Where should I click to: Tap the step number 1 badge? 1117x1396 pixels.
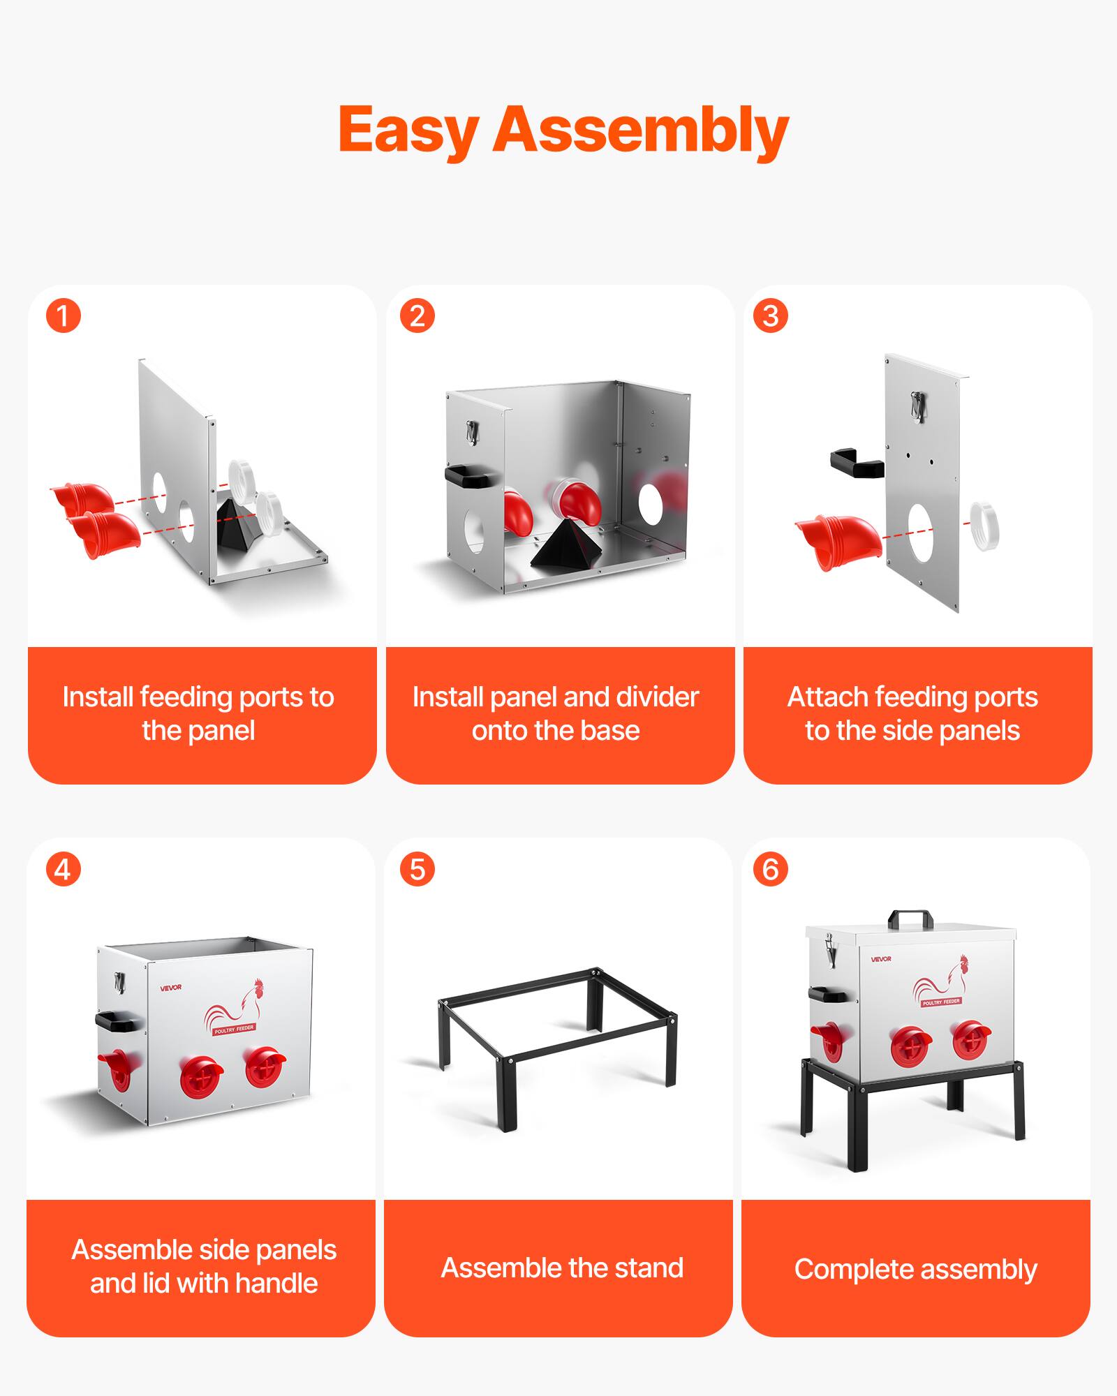64,315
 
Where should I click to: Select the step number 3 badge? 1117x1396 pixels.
771,315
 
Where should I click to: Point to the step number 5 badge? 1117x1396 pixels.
417,869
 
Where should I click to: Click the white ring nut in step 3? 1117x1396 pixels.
985,525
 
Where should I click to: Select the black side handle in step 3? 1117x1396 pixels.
856,463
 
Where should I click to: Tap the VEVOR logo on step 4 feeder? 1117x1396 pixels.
170,987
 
